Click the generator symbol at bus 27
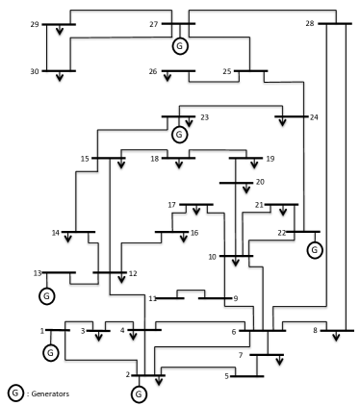tap(179, 45)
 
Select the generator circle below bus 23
tap(178, 134)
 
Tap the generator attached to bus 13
tap(45, 294)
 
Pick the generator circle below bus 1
tap(50, 352)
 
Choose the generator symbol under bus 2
tap(139, 393)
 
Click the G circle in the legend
tap(14, 393)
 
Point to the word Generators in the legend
tap(50, 393)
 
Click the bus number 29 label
tap(35, 24)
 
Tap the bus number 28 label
tap(309, 23)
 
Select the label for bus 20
tap(258, 181)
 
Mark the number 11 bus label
tap(152, 298)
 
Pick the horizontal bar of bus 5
tap(245, 375)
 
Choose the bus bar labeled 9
tap(217, 298)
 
